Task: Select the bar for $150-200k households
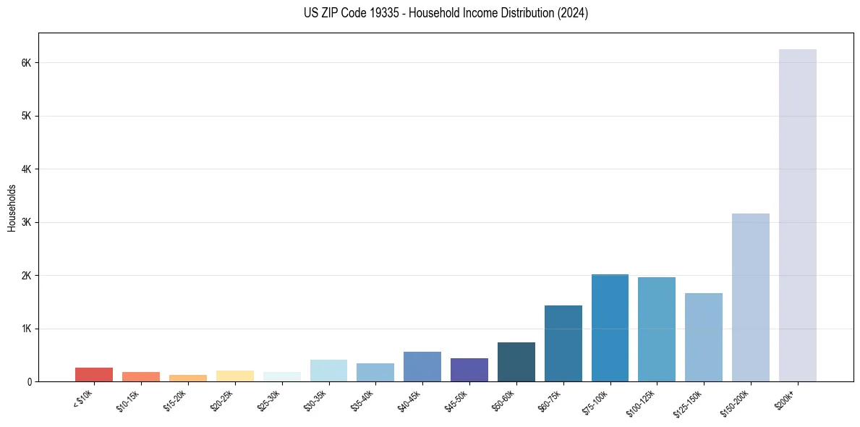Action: [750, 297]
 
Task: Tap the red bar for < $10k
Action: [94, 374]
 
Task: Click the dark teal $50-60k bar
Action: [516, 362]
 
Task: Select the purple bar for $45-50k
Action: [469, 370]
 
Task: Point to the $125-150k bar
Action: [703, 337]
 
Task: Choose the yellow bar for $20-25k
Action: [234, 376]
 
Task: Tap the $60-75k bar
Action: [563, 343]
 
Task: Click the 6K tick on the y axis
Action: [26, 63]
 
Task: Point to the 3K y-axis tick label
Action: [26, 222]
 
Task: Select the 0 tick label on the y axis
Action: [29, 381]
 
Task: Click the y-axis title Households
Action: [12, 208]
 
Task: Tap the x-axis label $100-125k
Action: [640, 400]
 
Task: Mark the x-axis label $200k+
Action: [786, 397]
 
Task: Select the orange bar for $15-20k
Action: [187, 378]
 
